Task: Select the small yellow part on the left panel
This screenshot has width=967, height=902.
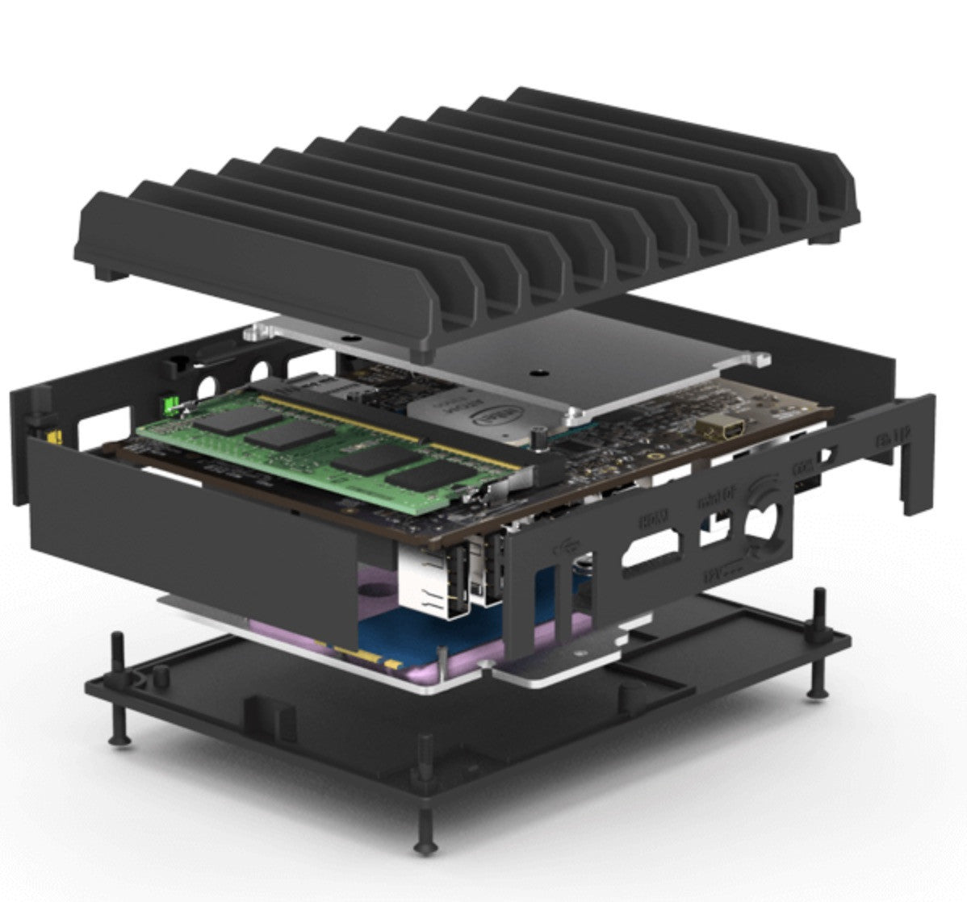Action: (x=51, y=436)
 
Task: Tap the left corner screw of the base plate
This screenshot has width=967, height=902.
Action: (x=119, y=736)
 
